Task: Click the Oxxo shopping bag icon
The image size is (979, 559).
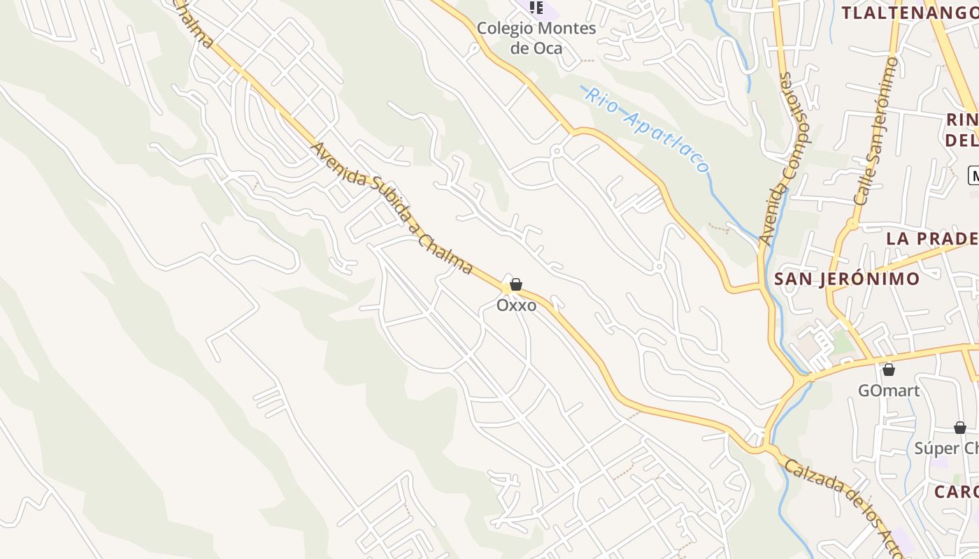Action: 516,284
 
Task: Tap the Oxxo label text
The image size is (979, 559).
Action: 517,305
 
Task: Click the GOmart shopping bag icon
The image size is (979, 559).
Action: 889,370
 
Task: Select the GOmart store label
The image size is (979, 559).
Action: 889,390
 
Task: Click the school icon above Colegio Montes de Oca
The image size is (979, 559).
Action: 536,7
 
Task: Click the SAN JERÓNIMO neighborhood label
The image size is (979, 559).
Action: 847,279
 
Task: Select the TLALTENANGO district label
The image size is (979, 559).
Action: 909,13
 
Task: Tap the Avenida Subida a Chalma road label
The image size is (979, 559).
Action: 392,209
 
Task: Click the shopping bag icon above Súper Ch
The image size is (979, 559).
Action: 959,428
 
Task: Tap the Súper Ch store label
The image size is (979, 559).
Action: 945,448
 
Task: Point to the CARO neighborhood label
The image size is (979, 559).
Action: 956,491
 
